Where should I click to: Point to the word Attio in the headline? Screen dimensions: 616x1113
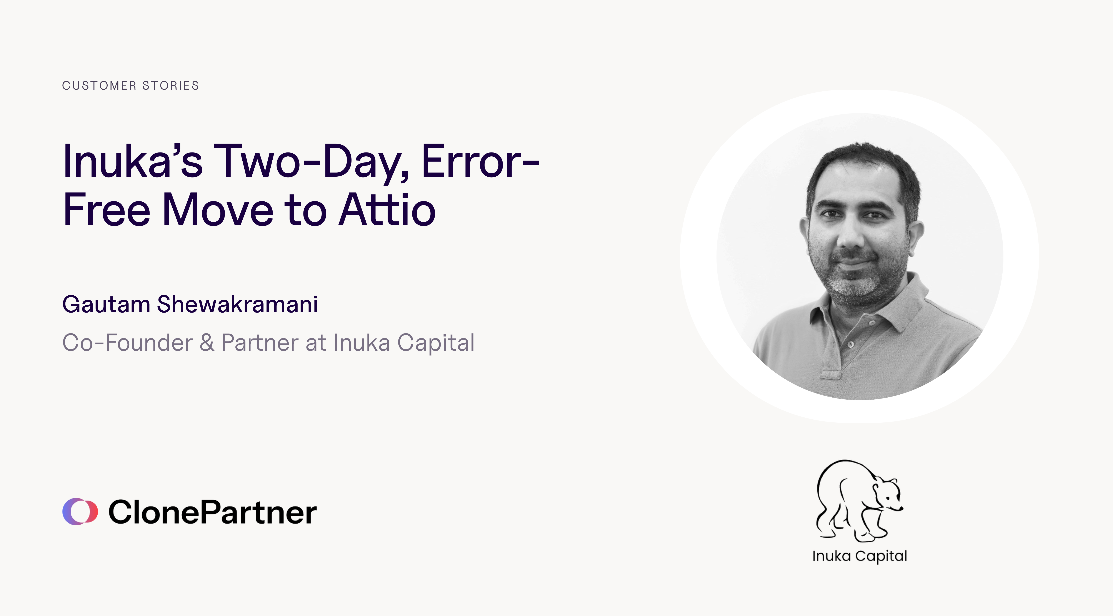pyautogui.click(x=387, y=211)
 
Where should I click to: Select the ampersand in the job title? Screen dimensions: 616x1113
pyautogui.click(x=207, y=343)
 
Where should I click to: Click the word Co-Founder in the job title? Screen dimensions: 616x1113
pyautogui.click(x=127, y=343)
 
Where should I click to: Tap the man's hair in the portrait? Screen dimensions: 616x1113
pyautogui.click(x=860, y=160)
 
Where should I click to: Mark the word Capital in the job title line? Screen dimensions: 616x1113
pyautogui.click(x=435, y=343)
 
